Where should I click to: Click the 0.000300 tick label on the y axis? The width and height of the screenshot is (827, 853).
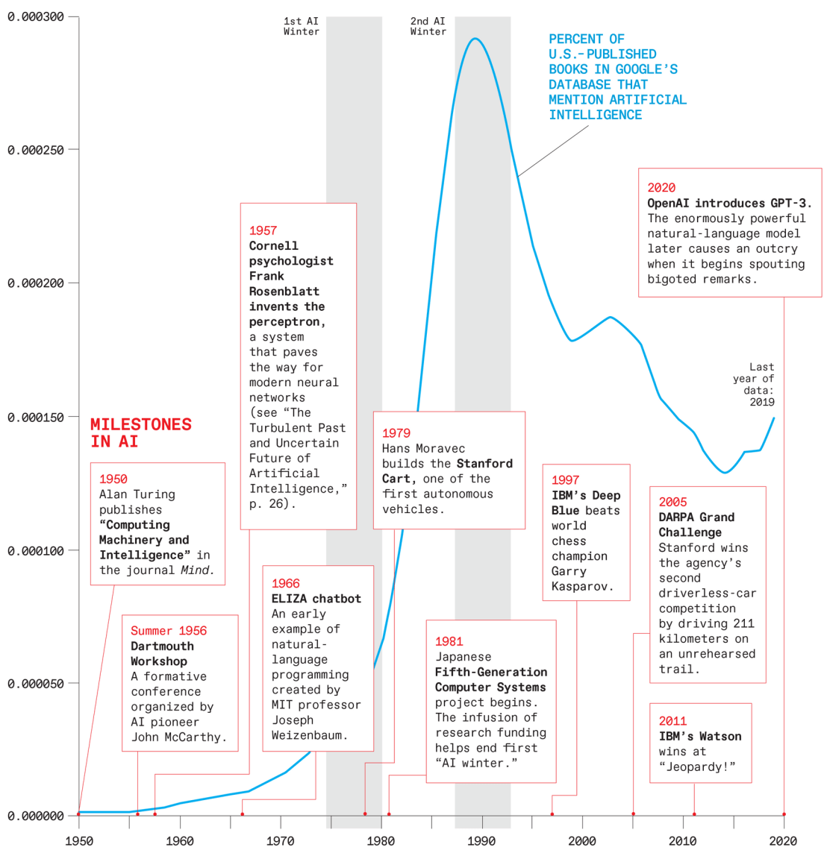point(36,16)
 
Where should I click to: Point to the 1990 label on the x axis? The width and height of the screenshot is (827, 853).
point(481,841)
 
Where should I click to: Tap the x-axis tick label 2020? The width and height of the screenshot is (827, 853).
point(783,841)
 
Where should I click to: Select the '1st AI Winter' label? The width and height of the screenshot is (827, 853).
point(302,26)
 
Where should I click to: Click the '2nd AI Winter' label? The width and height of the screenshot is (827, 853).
point(428,26)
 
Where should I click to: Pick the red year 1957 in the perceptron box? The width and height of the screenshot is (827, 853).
point(263,230)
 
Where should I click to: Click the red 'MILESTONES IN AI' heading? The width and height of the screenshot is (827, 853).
point(141,432)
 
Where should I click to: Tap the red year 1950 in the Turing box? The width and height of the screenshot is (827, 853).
point(113,479)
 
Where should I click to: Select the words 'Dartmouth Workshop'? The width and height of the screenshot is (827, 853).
point(162,654)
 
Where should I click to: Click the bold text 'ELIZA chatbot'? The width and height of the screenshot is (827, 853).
point(316,599)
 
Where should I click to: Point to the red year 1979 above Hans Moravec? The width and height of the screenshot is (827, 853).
point(396,432)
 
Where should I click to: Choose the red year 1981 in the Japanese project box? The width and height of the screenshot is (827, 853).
point(449,641)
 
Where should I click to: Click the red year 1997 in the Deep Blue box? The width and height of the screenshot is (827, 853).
point(565,479)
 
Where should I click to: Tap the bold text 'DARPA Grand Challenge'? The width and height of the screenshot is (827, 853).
point(696,525)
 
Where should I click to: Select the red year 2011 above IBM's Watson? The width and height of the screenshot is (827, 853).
point(672,721)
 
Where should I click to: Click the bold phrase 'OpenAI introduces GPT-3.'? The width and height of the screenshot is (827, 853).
point(729,203)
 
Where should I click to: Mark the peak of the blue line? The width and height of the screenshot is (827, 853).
point(475,39)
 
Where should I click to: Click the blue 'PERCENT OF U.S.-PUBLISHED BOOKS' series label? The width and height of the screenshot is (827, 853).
point(617,77)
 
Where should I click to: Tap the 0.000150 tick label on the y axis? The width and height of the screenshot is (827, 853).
point(36,417)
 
